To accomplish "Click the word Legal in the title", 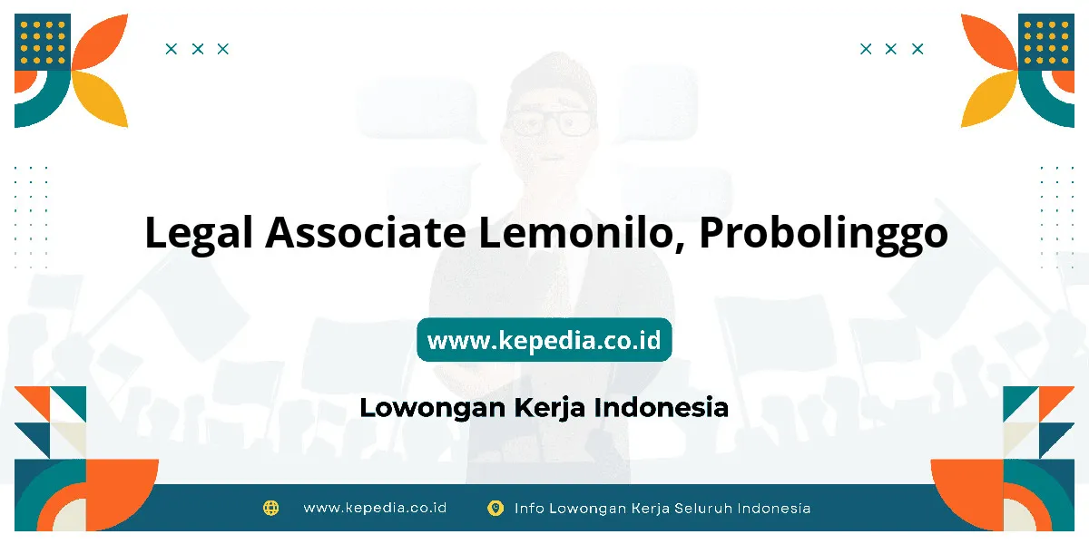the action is tap(199, 234).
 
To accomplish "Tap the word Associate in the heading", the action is tap(366, 233).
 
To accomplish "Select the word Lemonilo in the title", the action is tap(582, 234).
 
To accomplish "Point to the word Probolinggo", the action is tap(824, 235).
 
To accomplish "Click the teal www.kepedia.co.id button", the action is tap(544, 339).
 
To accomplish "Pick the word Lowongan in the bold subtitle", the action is tap(433, 408).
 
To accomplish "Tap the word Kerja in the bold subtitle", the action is tap(549, 408).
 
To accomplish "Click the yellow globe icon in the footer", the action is tap(270, 508).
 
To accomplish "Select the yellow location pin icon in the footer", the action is tap(495, 508).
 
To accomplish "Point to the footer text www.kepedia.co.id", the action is tap(375, 508).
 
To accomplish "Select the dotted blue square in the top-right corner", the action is tap(1046, 42).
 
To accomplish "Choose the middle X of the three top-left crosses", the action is tap(198, 49).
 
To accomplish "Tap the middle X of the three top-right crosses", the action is tap(891, 49).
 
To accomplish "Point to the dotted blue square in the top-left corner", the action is tap(43, 42).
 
